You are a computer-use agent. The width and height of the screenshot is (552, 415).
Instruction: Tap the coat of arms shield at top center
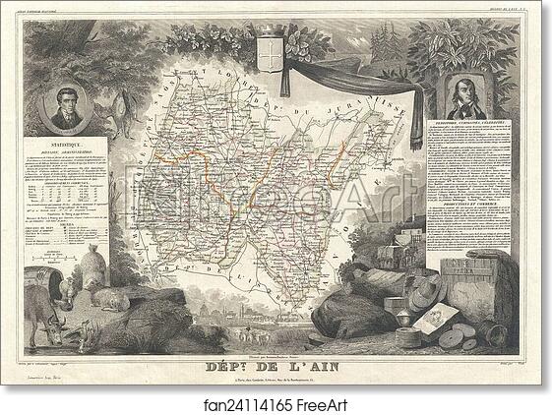point(275,52)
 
